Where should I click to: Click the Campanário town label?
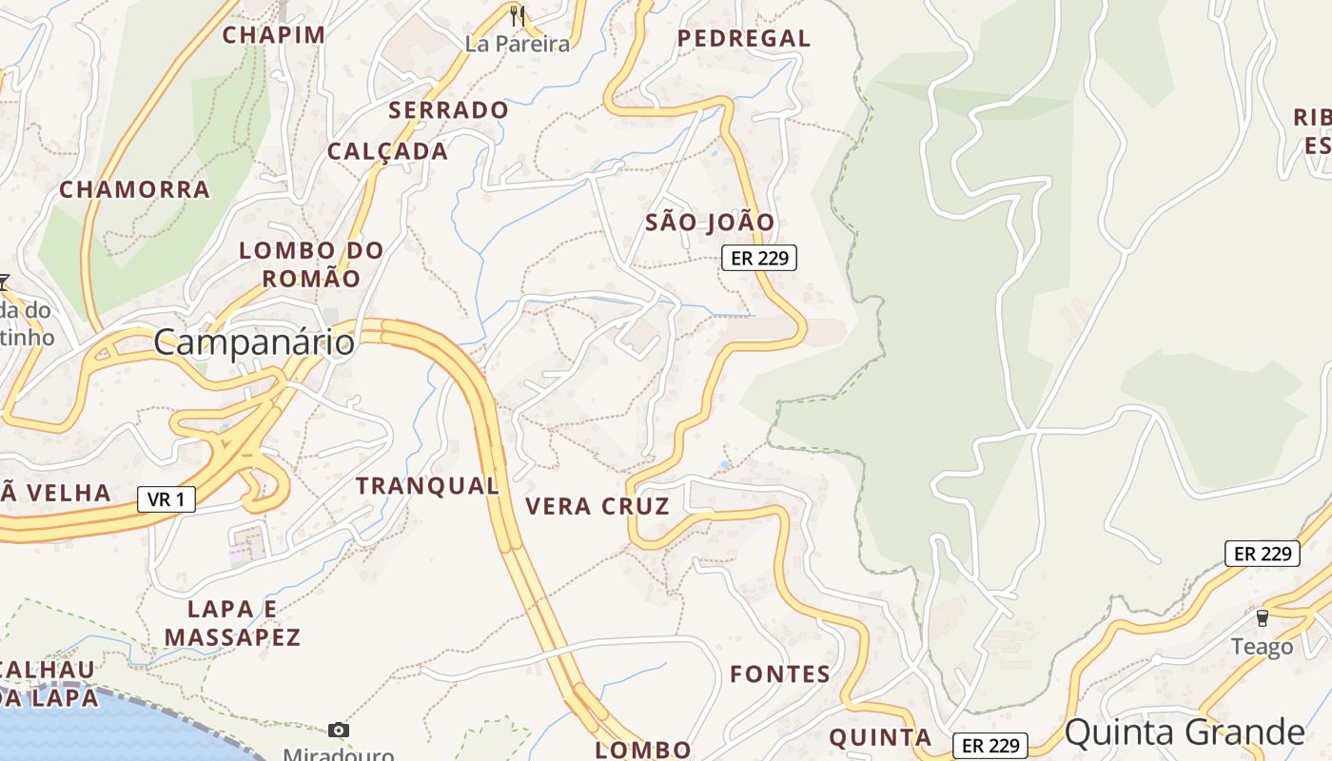(x=253, y=342)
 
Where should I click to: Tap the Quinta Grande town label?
(x=1184, y=732)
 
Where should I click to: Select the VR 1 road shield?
(x=166, y=498)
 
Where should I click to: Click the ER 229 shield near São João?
(x=758, y=257)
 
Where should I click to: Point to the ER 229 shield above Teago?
(x=1262, y=554)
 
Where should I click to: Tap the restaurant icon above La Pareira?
(x=518, y=15)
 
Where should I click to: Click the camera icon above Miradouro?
(x=338, y=730)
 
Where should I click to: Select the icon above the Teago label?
(x=1263, y=618)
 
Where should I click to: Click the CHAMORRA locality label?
(x=134, y=189)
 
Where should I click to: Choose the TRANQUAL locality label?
(x=427, y=485)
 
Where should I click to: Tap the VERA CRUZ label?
(x=597, y=506)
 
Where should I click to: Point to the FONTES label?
(x=780, y=674)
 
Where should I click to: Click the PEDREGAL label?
(x=744, y=39)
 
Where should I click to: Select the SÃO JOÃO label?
(x=710, y=223)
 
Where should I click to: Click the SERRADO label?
(x=448, y=110)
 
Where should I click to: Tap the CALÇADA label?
(x=387, y=151)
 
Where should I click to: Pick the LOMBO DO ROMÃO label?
(x=311, y=264)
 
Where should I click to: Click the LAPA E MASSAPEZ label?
(x=232, y=623)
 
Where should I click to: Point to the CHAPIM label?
(x=274, y=35)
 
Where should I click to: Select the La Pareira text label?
(x=518, y=44)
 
